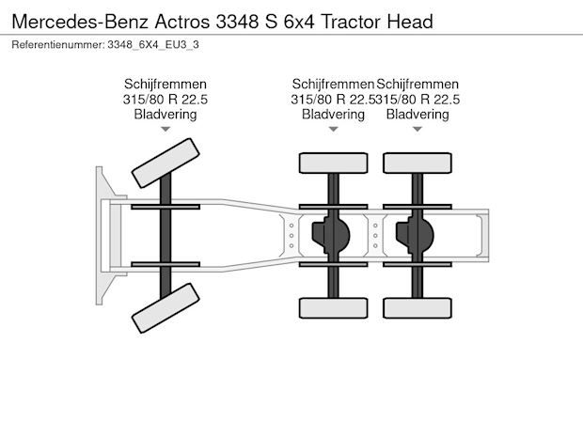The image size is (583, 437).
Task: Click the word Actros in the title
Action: (x=182, y=22)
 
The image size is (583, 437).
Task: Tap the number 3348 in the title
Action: (x=237, y=22)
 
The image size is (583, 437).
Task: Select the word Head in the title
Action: (x=410, y=22)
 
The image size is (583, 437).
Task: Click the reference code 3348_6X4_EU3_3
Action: (x=153, y=44)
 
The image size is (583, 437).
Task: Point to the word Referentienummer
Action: (x=58, y=44)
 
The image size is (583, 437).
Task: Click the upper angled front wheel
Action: (x=165, y=164)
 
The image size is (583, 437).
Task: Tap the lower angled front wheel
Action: (x=165, y=308)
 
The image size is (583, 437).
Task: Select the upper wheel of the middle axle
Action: (x=334, y=164)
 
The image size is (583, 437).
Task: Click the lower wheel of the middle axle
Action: (x=334, y=308)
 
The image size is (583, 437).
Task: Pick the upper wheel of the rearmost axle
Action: (x=418, y=164)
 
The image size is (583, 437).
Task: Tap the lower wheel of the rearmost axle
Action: (x=418, y=308)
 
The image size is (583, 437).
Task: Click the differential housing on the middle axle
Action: (x=331, y=235)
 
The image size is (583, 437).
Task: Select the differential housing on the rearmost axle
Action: (x=415, y=235)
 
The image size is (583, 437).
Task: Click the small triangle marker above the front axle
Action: (x=165, y=129)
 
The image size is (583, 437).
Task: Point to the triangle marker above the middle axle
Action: (x=334, y=129)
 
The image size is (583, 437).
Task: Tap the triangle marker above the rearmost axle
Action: (x=418, y=129)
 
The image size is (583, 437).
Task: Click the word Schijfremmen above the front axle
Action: (x=165, y=84)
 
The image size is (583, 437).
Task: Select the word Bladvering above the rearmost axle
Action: (x=418, y=114)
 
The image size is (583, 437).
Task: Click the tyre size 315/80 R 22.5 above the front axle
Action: (x=165, y=100)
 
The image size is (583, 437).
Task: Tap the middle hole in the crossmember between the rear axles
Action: (x=375, y=236)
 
